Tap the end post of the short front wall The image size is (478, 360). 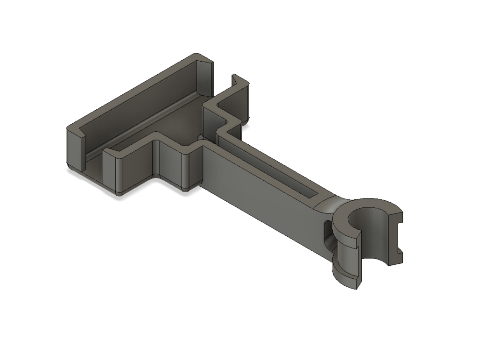point(112,170)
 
